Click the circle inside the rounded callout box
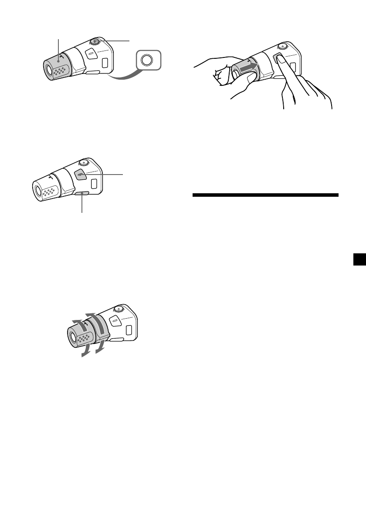(x=149, y=60)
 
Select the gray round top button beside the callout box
(x=95, y=41)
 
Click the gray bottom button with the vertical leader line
(x=81, y=193)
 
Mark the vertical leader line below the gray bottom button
(x=81, y=204)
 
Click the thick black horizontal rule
(x=265, y=195)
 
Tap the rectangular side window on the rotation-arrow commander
(x=130, y=330)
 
